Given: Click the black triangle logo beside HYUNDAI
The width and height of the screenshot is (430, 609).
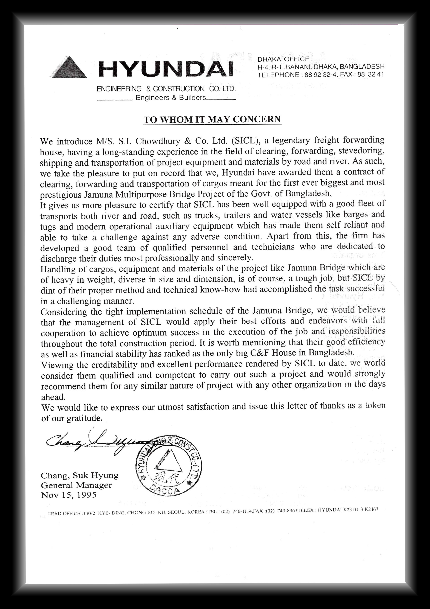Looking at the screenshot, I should (69, 68).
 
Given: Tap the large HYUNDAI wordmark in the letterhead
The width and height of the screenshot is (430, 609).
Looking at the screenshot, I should (166, 69).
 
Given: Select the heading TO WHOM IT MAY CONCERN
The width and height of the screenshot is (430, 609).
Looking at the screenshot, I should (212, 119).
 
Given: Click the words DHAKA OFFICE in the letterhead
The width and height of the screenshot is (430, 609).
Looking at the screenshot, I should (283, 59).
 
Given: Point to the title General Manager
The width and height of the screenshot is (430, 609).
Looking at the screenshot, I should (76, 485).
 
